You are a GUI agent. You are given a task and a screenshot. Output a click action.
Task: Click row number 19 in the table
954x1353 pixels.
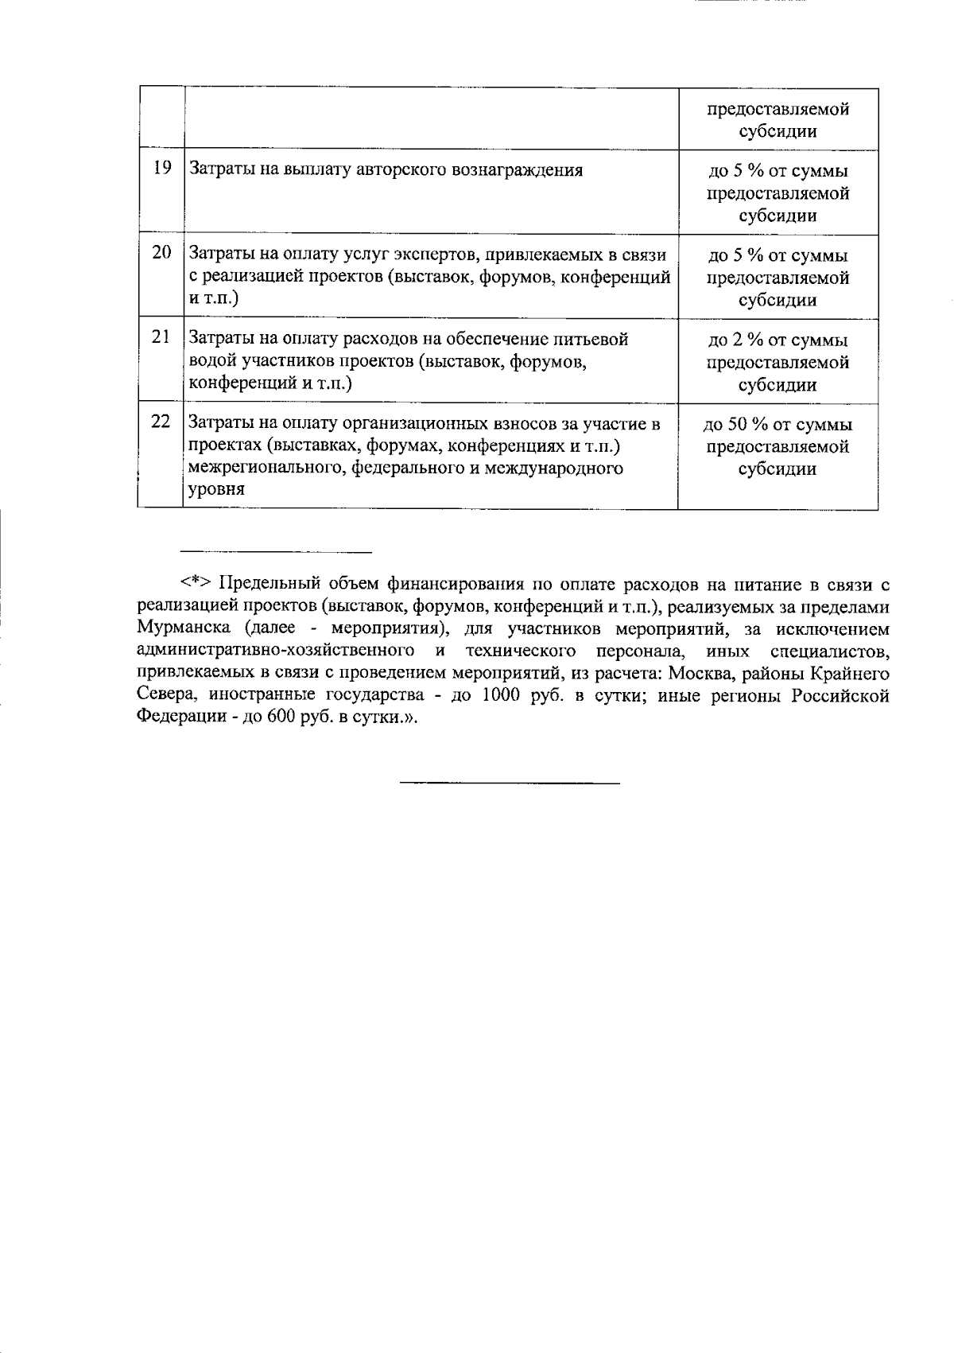pos(162,169)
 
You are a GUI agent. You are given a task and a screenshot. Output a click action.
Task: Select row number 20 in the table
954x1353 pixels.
pos(162,253)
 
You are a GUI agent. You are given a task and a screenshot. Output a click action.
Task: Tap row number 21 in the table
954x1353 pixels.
pos(162,337)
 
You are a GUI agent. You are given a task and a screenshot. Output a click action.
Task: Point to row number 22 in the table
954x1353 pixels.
pos(162,422)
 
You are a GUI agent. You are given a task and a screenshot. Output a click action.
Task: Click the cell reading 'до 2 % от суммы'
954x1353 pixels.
pos(778,340)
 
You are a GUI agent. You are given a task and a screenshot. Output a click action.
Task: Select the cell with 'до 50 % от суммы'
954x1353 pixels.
pos(778,425)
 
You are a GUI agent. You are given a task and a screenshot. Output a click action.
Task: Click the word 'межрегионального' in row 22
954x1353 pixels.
pos(254,468)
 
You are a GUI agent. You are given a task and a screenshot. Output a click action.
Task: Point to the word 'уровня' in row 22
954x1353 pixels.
pos(215,490)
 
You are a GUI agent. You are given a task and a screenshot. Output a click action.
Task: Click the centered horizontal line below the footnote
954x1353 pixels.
pos(509,783)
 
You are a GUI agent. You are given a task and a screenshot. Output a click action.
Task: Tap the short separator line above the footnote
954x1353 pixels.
pos(277,550)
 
